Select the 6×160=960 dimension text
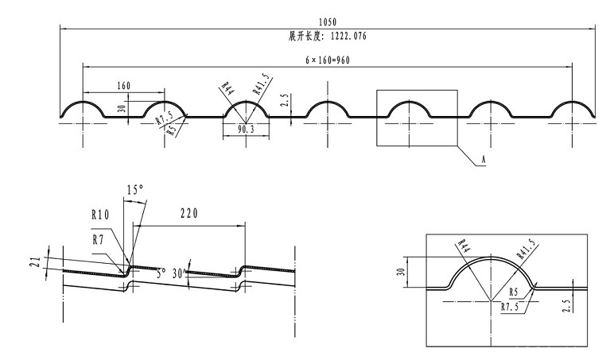click(x=328, y=61)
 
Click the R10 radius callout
click(x=100, y=214)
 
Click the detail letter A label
click(x=482, y=161)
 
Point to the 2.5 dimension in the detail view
click(x=565, y=303)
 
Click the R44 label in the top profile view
click(x=226, y=87)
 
